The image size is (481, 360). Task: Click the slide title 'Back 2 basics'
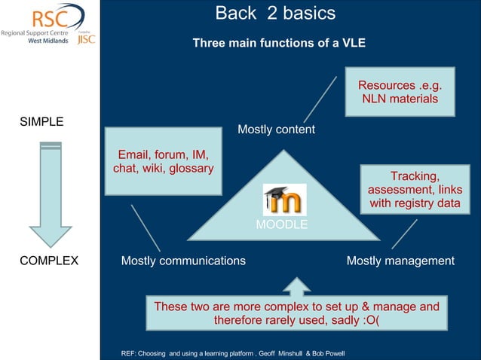[x=275, y=14]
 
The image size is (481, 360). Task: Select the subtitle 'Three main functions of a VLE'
[x=279, y=44]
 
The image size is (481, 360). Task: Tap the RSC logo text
[x=35, y=17]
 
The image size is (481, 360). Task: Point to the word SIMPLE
[x=41, y=122]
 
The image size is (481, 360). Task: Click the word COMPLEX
[x=48, y=261]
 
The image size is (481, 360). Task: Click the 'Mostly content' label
[x=276, y=130]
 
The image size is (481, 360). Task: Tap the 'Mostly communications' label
[x=183, y=261]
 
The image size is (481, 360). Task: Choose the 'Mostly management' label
[x=400, y=261]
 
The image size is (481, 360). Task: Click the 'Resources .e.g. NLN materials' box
[x=400, y=92]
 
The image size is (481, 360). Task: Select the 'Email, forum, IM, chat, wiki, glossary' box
[x=162, y=163]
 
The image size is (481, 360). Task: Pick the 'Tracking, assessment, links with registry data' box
[x=414, y=190]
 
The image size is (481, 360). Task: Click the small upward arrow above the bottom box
[x=296, y=286]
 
